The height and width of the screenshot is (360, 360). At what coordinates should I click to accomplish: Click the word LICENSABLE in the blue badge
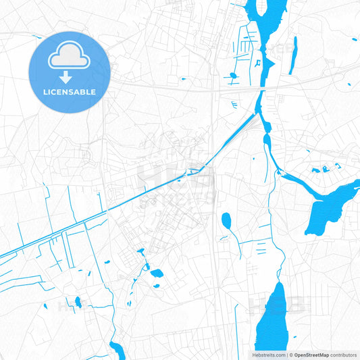pyautogui.click(x=70, y=91)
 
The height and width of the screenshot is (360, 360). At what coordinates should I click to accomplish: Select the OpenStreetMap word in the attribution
pyautogui.click(x=311, y=354)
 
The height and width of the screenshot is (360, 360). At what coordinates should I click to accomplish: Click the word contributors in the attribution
pyautogui.click(x=344, y=354)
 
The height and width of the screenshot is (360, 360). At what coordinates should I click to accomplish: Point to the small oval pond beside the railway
pyautogui.click(x=226, y=220)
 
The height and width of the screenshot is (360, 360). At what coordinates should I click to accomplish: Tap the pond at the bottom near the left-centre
pyautogui.click(x=117, y=350)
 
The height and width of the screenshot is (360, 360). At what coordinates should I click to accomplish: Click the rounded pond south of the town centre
pyautogui.click(x=157, y=274)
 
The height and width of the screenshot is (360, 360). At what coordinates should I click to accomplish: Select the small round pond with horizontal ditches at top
pyautogui.click(x=232, y=75)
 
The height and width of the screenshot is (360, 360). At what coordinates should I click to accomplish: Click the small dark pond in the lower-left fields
pyautogui.click(x=78, y=302)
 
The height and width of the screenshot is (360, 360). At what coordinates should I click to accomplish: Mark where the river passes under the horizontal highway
pyautogui.click(x=262, y=88)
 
